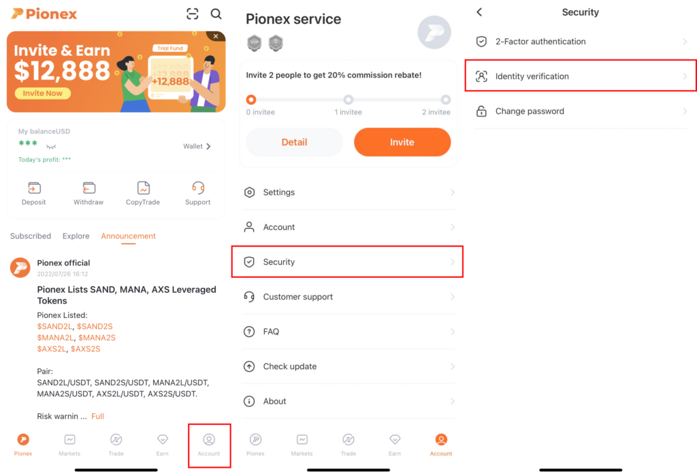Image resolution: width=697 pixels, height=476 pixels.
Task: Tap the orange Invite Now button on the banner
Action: [x=42, y=93]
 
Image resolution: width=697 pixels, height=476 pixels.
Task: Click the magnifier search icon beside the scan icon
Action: [x=216, y=14]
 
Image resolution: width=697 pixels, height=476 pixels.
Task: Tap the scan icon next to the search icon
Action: [x=193, y=14]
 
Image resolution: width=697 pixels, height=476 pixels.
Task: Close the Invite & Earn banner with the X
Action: [x=216, y=36]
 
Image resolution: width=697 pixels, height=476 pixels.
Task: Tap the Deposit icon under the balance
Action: [x=34, y=189]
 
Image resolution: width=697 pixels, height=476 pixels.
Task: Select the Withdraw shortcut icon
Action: [x=88, y=189]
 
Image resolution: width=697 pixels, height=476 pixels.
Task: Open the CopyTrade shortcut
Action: [x=143, y=189]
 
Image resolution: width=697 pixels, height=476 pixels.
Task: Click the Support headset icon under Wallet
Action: [x=198, y=189]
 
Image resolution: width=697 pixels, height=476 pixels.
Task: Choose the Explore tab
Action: [x=76, y=236]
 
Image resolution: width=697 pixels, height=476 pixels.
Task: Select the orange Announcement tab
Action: [x=128, y=236]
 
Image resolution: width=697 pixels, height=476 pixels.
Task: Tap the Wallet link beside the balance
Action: [x=197, y=146]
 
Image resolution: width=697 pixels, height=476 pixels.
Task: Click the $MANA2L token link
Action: [x=56, y=338]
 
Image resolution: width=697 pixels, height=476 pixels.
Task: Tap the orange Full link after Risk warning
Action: [x=97, y=416]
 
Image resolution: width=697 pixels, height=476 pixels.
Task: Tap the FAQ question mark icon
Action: [x=249, y=332]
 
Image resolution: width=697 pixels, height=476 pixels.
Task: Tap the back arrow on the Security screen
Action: [x=479, y=12]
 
